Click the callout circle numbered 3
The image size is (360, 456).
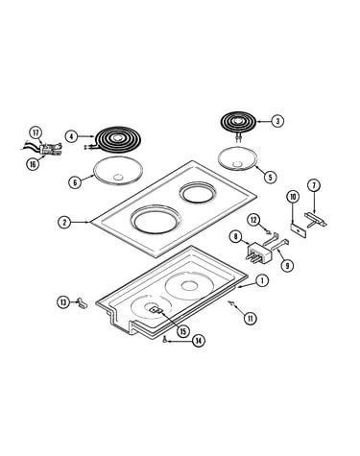click(x=277, y=121)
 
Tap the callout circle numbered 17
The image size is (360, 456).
click(x=36, y=132)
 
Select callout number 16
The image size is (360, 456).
click(x=33, y=164)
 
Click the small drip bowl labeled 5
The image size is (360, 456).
click(x=238, y=158)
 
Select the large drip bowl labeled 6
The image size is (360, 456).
click(x=118, y=171)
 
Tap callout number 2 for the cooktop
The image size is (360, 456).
click(x=64, y=222)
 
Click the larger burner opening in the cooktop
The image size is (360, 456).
click(x=156, y=221)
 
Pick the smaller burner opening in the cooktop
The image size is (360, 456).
click(x=198, y=193)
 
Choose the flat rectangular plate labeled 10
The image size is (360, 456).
click(x=298, y=230)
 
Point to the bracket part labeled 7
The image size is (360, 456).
click(x=316, y=220)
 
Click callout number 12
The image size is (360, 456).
click(x=253, y=220)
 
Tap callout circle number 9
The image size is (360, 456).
click(x=287, y=265)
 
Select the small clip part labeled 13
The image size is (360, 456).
click(x=82, y=302)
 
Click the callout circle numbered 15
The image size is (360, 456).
click(x=182, y=331)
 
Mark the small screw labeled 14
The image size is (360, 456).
click(x=164, y=340)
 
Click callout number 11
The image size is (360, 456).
click(x=251, y=319)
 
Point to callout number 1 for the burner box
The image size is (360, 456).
click(x=262, y=280)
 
